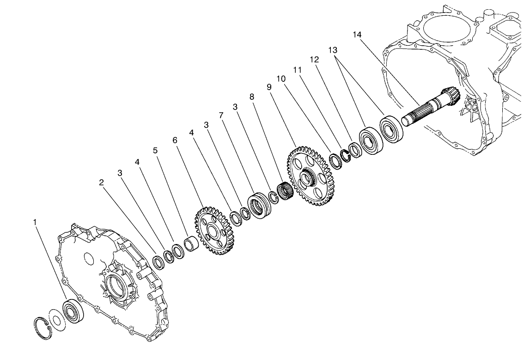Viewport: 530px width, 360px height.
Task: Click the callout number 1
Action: pos(35,222)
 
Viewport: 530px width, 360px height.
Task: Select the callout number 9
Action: pos(269,86)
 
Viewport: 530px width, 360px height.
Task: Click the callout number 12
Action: pos(314,60)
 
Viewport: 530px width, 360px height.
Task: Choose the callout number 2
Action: pos(102,183)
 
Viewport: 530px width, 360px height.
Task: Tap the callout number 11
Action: pos(297,69)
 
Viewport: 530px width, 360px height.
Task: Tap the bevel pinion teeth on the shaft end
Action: pos(451,97)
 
